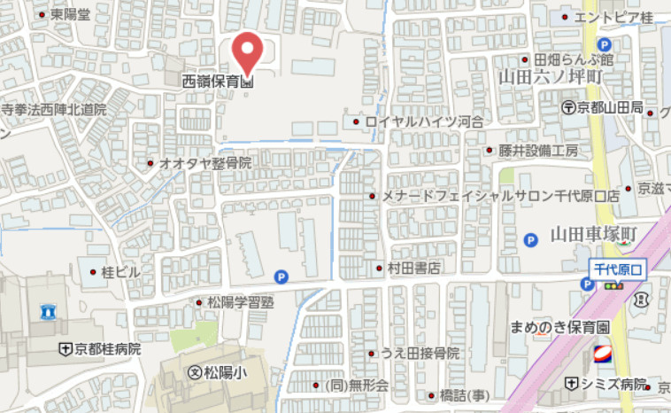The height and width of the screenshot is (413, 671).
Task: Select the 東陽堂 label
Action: pos(70,14)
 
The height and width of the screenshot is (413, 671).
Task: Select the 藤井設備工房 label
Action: pos(537,150)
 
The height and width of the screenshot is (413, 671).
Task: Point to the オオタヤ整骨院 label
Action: pos(205,163)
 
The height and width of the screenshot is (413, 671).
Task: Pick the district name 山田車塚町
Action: pos(593,236)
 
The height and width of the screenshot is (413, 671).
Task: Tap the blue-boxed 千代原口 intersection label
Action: pos(620,268)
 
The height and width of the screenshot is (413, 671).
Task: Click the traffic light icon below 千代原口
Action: pos(613,285)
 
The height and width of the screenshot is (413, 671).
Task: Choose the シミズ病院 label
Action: pos(614,384)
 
